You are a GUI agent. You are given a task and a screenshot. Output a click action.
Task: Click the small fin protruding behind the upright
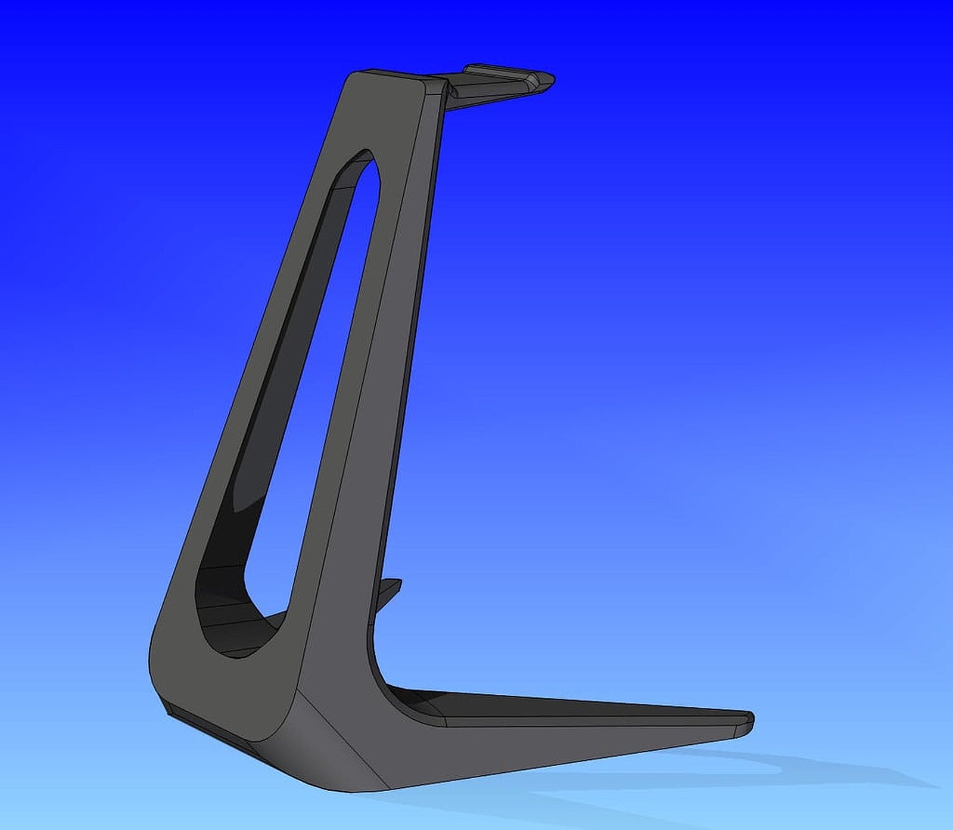[x=388, y=590]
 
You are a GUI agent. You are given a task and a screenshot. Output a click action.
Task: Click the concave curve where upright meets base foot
[x=381, y=673]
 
